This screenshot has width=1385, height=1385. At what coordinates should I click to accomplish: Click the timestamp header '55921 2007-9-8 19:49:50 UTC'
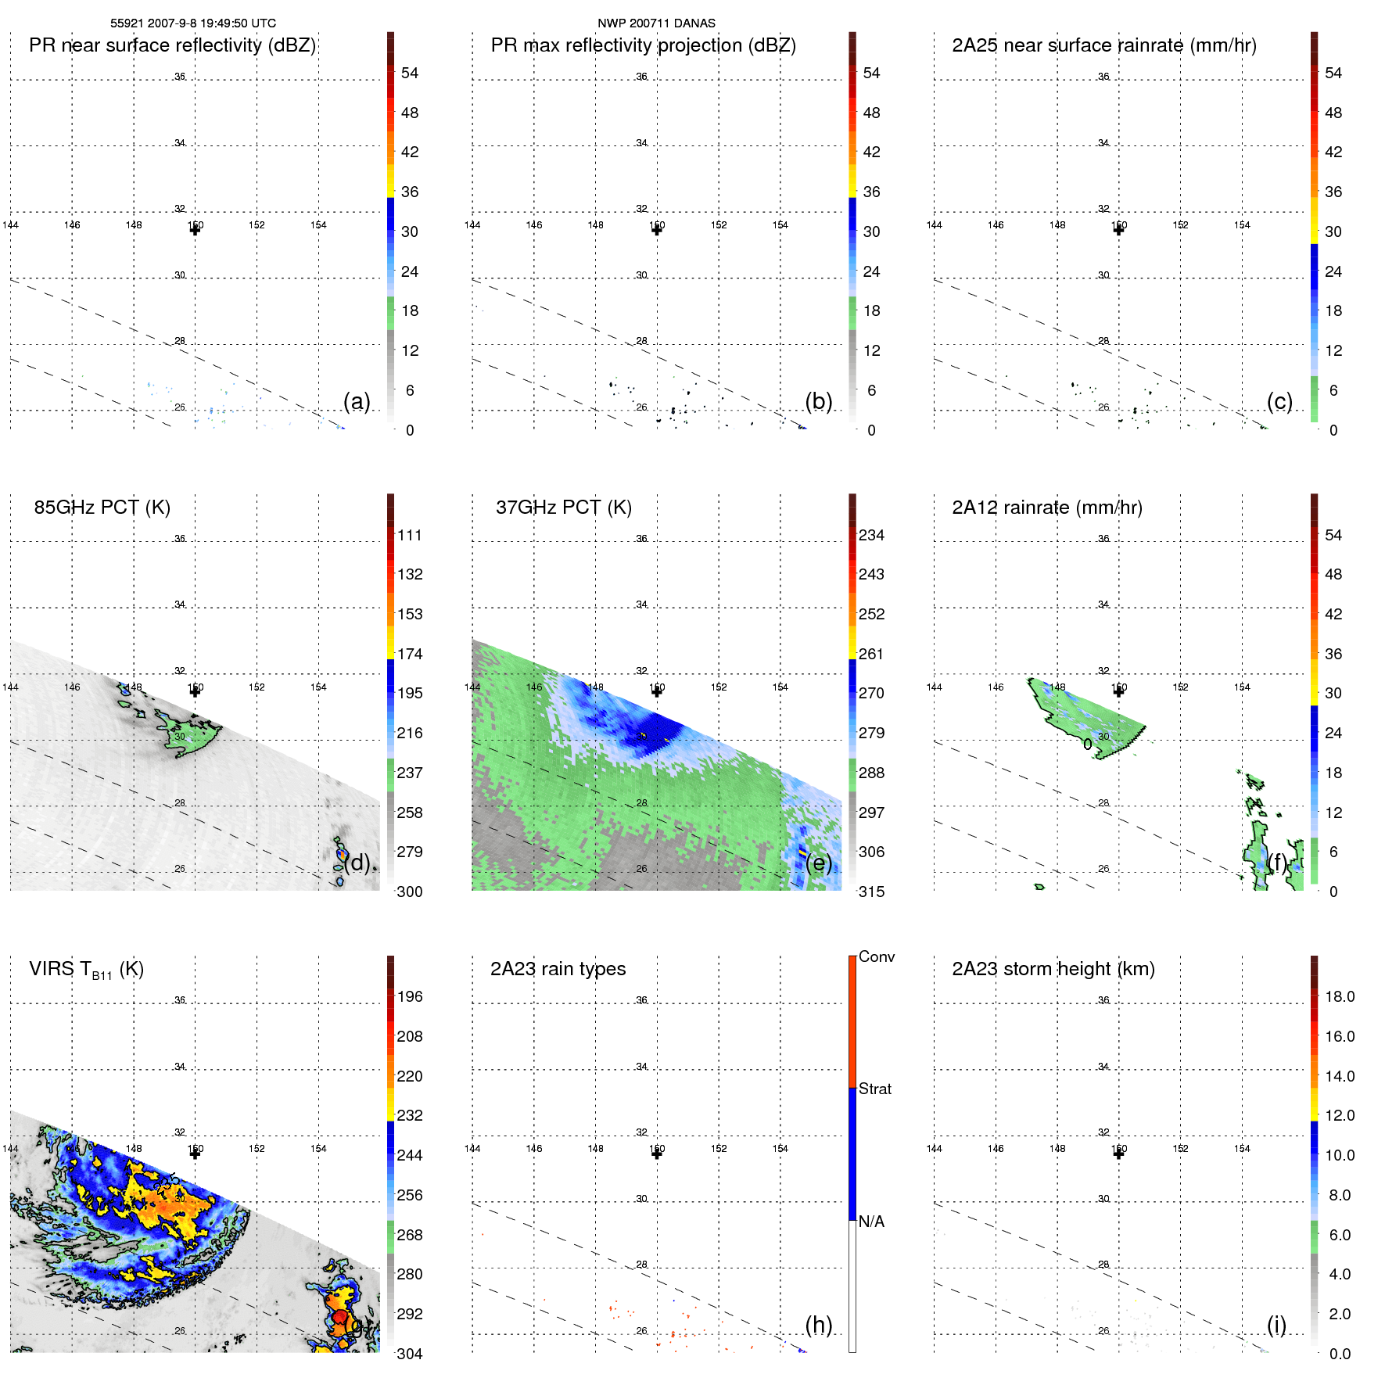coord(192,23)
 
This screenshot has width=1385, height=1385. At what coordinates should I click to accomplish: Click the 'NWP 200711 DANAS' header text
coord(656,23)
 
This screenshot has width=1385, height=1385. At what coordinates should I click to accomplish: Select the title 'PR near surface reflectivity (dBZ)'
coord(172,45)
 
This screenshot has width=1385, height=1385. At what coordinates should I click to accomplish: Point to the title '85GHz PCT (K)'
coord(102,508)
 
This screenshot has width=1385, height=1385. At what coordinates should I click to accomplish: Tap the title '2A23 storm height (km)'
coord(1053,969)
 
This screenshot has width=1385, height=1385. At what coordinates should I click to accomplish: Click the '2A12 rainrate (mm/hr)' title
coord(1046,508)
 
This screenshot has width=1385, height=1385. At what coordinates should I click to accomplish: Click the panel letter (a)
coord(357,402)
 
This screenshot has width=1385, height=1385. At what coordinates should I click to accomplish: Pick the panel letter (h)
coord(818,1325)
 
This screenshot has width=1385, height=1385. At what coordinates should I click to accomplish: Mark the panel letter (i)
coord(1276,1325)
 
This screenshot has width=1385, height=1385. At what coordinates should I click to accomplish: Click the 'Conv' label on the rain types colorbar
coord(876,957)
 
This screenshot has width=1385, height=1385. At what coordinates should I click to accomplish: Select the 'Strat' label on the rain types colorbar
coord(874,1089)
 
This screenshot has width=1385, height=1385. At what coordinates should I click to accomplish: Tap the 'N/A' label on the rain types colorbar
coord(871,1222)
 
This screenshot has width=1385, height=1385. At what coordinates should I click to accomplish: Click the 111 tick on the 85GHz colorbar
coord(409,536)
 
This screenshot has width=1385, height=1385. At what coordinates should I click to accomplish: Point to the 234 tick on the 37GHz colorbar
coord(871,536)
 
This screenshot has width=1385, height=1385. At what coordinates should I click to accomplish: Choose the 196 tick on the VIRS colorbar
coord(409,997)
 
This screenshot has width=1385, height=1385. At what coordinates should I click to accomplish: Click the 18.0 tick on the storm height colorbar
coord(1339,997)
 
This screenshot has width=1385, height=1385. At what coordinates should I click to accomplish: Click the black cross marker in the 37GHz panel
coord(657,691)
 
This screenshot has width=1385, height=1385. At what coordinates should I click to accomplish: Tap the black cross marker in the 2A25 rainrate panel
coord(1118,230)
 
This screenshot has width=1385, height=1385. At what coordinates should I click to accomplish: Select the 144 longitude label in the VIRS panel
coord(10,1149)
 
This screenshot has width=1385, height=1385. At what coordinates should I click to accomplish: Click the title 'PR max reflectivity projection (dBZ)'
coord(643,45)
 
